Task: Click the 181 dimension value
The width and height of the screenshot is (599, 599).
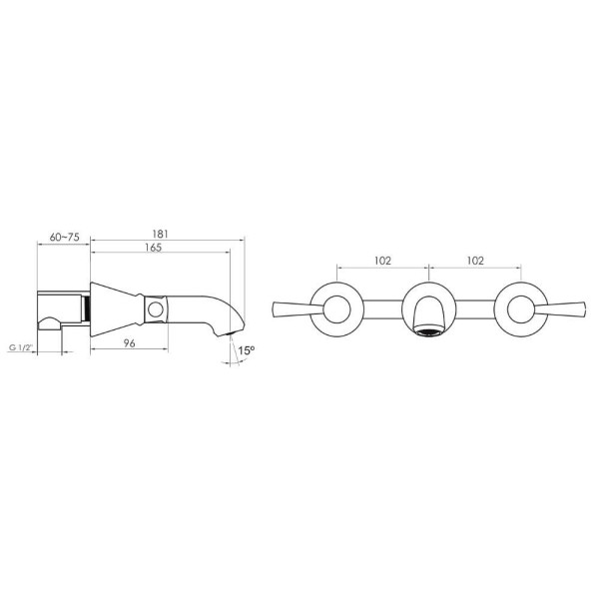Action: pyautogui.click(x=160, y=234)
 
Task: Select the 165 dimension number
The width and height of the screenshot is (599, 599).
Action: pyautogui.click(x=153, y=248)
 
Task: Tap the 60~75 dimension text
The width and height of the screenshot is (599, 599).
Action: pyautogui.click(x=65, y=237)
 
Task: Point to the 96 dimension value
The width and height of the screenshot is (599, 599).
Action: pyautogui.click(x=130, y=343)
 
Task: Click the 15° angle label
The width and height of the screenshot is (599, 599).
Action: pyautogui.click(x=247, y=350)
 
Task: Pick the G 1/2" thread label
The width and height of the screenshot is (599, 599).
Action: pyautogui.click(x=21, y=348)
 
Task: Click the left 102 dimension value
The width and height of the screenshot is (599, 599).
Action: pyautogui.click(x=382, y=261)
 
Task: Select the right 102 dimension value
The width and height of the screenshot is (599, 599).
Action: pyautogui.click(x=475, y=261)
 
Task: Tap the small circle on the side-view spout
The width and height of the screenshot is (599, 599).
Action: pyautogui.click(x=156, y=309)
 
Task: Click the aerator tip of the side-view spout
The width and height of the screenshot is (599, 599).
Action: pyautogui.click(x=229, y=333)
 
